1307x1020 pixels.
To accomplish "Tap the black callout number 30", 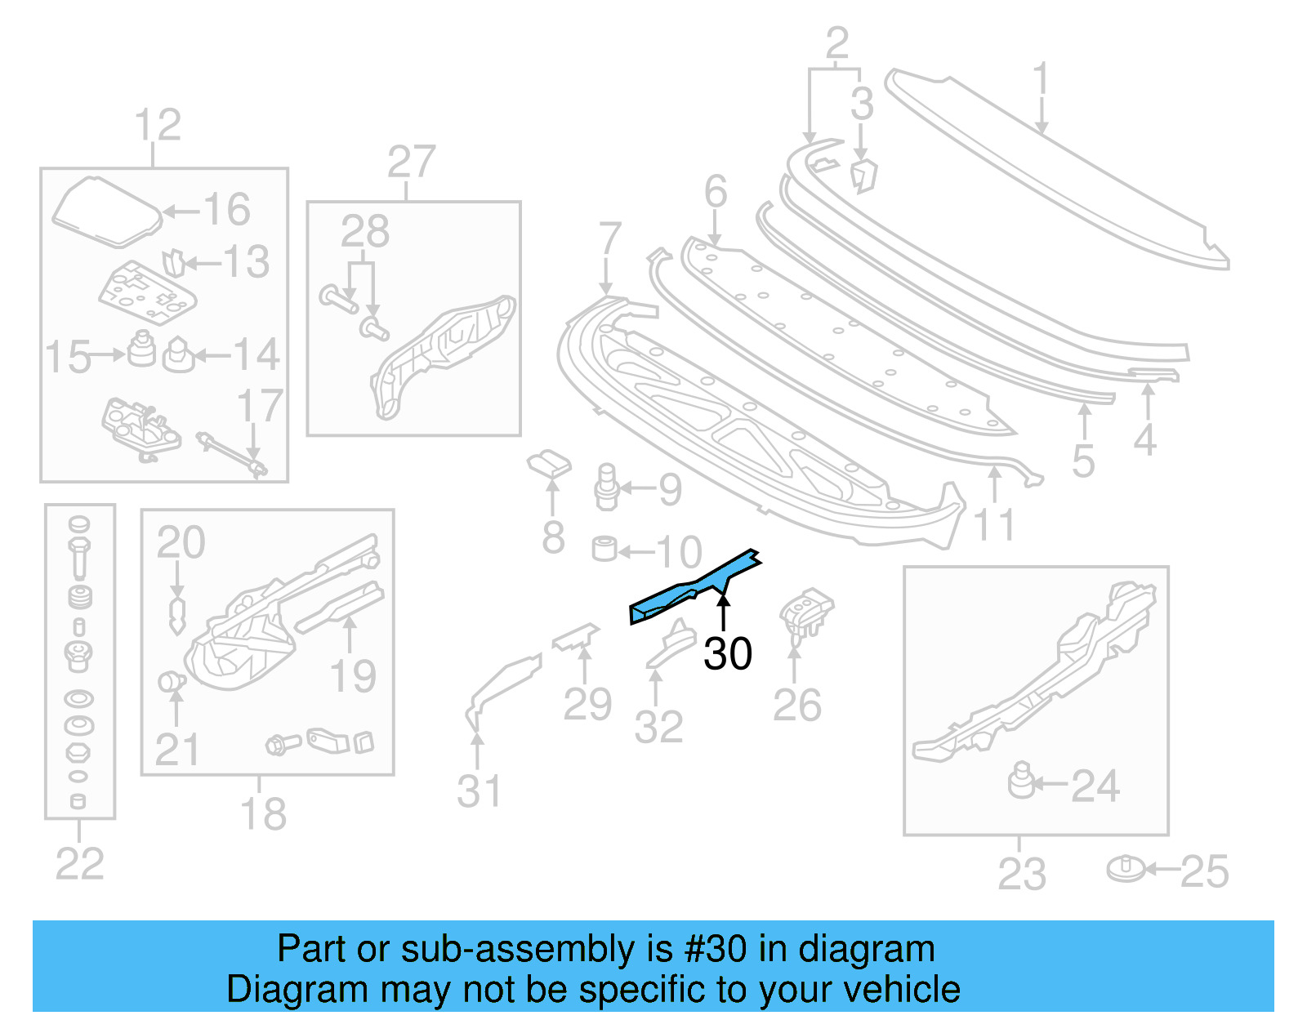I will pos(727,654).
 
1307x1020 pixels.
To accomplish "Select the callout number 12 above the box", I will pos(157,126).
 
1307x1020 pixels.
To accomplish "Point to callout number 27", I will pos(411,163).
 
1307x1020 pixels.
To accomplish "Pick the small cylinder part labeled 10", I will pos(604,548).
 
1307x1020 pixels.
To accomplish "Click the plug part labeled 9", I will pos(606,487).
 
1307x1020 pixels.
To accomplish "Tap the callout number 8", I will pos(553,537).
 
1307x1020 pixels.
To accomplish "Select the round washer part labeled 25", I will pos(1126,869).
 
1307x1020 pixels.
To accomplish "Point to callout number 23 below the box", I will pos(1021,873).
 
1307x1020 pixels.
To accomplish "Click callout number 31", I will pos(479,791).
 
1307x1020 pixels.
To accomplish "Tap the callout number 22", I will pos(79,863).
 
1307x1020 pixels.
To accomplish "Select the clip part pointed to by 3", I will pos(863,176).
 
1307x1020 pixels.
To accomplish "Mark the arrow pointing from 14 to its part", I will pos(212,355).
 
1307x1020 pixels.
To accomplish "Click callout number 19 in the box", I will pos(352,676).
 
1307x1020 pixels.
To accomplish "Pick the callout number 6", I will pos(716,192).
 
